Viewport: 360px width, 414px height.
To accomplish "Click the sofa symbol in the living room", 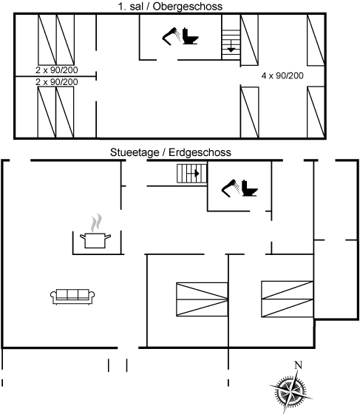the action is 72,296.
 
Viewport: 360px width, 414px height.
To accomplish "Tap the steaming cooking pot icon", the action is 95,240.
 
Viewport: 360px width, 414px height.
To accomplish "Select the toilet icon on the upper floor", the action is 190,36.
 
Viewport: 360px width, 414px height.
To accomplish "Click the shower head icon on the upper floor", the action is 171,36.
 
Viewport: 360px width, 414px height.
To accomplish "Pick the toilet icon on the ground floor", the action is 249,188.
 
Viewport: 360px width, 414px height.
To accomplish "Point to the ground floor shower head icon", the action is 231,188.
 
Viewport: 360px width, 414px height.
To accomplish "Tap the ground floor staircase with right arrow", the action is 192,174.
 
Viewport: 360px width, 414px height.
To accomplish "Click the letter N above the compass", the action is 298,365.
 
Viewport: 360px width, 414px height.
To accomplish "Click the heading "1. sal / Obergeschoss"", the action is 170,7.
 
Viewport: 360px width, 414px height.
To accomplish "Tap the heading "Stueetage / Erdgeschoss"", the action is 171,152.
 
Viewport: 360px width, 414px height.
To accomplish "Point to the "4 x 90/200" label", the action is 282,75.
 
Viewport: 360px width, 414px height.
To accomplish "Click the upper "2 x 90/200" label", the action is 57,70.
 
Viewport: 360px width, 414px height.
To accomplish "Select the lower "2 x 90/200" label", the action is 57,82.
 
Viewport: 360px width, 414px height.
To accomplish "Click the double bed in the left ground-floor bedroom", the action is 202,299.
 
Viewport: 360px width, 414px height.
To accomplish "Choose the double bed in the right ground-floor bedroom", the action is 288,299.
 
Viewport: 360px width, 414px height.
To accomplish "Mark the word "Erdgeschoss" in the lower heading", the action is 200,152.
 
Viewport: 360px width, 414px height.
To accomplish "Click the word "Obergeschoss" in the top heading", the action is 188,7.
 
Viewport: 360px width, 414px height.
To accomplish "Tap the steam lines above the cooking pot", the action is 96,223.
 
